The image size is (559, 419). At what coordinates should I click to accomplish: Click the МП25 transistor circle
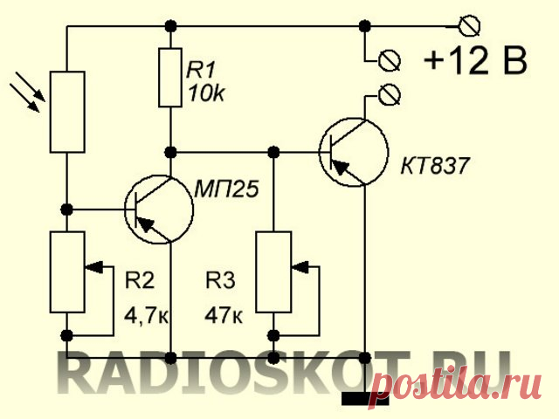click(x=159, y=209)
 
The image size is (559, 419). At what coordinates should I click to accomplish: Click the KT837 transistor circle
click(x=354, y=154)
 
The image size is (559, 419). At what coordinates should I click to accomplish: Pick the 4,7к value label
click(x=146, y=313)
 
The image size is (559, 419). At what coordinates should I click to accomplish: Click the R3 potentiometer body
click(x=275, y=271)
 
